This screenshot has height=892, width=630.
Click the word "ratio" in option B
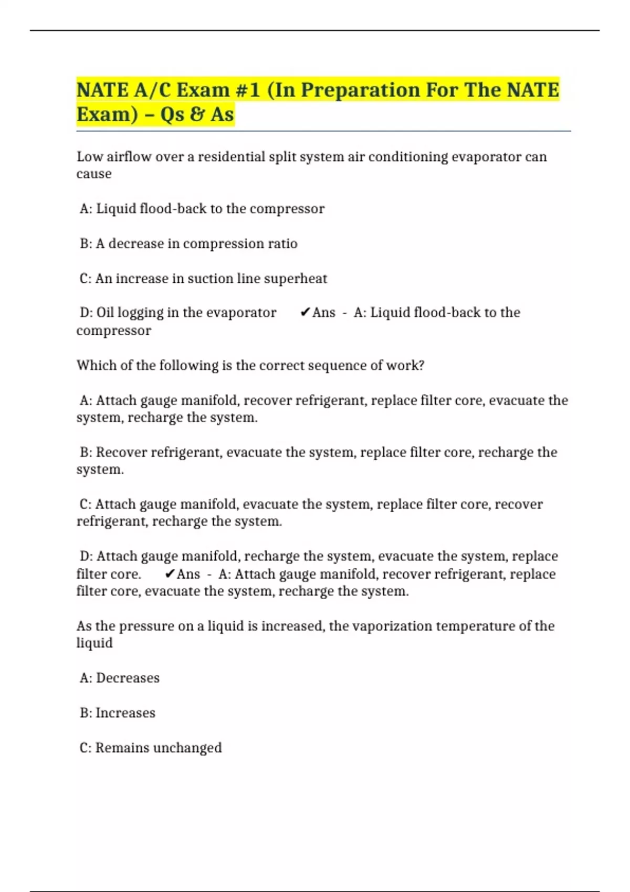284,243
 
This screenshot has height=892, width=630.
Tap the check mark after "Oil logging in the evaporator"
305,313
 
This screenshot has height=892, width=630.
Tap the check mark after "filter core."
170,574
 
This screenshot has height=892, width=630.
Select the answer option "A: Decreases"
120,678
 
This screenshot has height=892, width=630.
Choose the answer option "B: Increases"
118,713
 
